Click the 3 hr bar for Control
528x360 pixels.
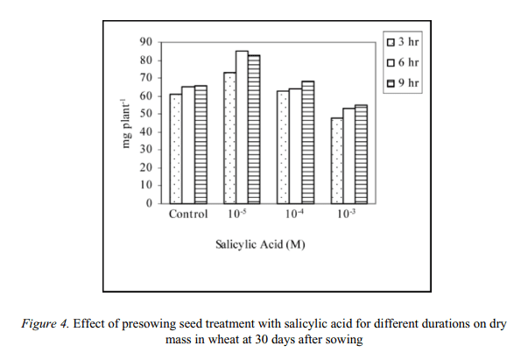coord(175,149)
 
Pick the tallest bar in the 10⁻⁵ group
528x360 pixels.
coord(242,128)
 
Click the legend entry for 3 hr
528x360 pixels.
coord(401,41)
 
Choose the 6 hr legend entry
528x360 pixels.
coord(401,63)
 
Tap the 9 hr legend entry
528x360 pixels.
coord(401,84)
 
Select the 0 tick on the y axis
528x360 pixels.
coord(150,203)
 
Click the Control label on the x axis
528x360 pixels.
coord(187,215)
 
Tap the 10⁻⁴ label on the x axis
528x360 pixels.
coord(295,215)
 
